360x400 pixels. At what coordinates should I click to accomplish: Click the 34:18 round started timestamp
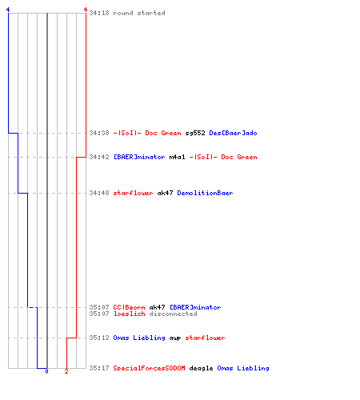(x=99, y=13)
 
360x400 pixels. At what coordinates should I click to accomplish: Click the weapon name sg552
(x=195, y=133)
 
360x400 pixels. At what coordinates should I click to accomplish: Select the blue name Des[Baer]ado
(x=233, y=133)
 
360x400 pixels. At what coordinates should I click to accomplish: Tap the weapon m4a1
(x=177, y=157)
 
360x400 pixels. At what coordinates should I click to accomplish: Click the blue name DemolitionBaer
(x=205, y=193)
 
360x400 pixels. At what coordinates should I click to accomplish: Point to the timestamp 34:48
(x=99, y=193)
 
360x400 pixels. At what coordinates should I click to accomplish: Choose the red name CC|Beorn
(x=129, y=307)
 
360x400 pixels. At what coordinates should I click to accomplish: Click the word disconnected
(x=173, y=314)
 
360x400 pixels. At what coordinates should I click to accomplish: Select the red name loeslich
(x=129, y=314)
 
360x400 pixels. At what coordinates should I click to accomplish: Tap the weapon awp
(x=175, y=338)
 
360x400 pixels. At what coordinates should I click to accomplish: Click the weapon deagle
(x=201, y=368)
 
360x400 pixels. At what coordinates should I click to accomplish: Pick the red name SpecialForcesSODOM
(x=149, y=368)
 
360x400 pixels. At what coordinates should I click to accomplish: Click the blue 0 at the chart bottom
(x=46, y=371)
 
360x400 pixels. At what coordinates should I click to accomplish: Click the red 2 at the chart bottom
(x=66, y=371)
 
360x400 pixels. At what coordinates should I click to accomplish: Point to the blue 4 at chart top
(x=8, y=10)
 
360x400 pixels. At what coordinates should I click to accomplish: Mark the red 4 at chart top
(x=86, y=10)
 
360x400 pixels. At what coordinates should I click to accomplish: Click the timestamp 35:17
(x=99, y=368)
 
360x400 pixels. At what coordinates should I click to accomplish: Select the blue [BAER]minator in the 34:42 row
(x=139, y=157)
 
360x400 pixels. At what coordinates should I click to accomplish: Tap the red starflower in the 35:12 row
(x=205, y=338)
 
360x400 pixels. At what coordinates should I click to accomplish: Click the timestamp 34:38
(x=99, y=133)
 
